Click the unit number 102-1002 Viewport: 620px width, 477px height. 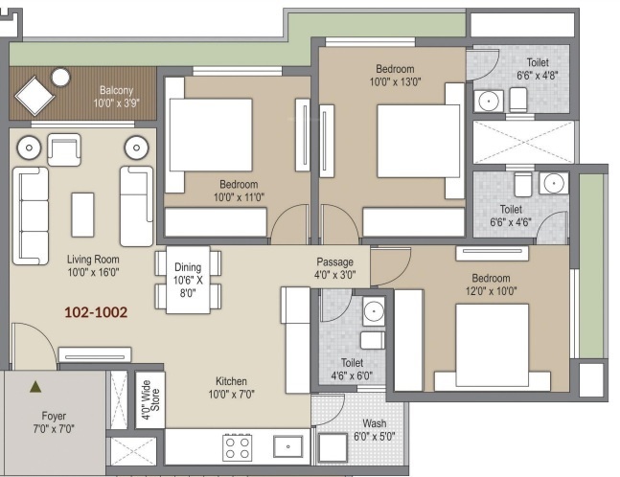pyautogui.click(x=95, y=312)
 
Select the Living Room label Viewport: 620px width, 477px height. pyautogui.click(x=93, y=265)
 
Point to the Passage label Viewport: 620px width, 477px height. pyautogui.click(x=335, y=267)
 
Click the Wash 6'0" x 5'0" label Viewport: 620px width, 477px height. pyautogui.click(x=375, y=430)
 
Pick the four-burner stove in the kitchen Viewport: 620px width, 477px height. pyautogui.click(x=238, y=446)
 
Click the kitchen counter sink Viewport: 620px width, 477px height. pyautogui.click(x=287, y=446)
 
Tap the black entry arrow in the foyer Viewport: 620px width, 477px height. pyautogui.click(x=35, y=387)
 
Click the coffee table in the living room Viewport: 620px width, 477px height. pyautogui.click(x=83, y=214)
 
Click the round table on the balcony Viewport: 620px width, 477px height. pyautogui.click(x=61, y=78)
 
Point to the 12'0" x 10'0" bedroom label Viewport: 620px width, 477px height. pyautogui.click(x=490, y=284)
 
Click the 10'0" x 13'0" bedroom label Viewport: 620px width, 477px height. pyautogui.click(x=394, y=76)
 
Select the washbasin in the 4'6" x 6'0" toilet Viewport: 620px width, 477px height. pyautogui.click(x=374, y=310)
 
